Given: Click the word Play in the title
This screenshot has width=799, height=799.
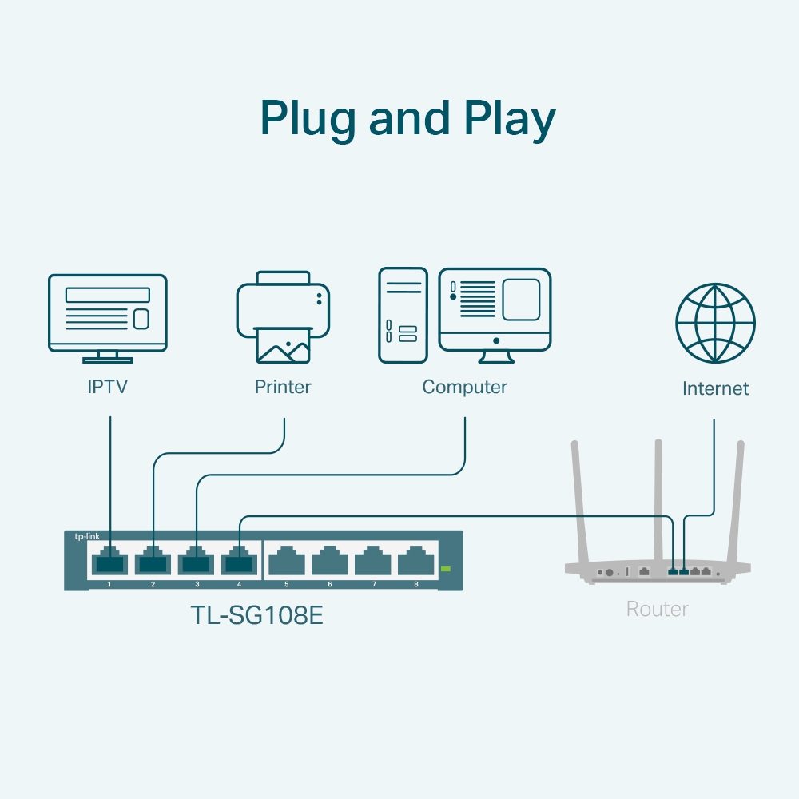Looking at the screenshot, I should pos(509,118).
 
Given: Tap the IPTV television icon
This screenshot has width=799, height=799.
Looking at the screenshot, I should pos(108,316).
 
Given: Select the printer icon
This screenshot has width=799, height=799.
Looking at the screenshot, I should pos(283,316).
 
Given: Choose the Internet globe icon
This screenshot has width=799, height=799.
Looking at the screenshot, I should pos(715,322).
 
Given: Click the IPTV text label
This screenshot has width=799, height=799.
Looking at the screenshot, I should pos(108,388).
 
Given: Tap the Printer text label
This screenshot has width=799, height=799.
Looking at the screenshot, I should pos(283,388).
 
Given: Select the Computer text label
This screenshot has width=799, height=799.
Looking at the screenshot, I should pos(465,388).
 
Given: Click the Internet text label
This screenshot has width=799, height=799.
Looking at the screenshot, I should pos(716,389).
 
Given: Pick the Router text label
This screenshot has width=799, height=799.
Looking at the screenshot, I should pos(657,610).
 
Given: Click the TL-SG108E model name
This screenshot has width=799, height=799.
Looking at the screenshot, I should pos(257,616).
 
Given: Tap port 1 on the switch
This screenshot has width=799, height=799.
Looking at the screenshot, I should pos(109,561).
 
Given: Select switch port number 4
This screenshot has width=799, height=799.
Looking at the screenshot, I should pos(239,561).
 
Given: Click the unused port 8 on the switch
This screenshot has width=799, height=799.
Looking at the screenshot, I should pos(415,561).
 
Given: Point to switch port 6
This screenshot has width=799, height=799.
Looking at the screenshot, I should pos(329,561).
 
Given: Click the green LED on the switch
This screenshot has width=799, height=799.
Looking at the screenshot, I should pos(446,569).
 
